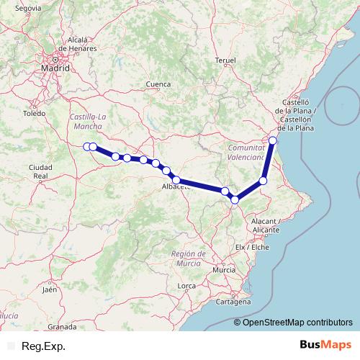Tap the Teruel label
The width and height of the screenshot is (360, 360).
point(225,60)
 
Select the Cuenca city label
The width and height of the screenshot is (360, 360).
point(158,84)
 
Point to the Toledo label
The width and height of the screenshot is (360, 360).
point(34,114)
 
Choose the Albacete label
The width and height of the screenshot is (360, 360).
point(176,186)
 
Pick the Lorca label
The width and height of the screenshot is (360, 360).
point(186,286)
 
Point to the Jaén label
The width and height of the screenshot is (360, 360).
point(49,289)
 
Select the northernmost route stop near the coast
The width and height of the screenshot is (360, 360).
point(273,140)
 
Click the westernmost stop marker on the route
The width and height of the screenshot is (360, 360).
point(87,147)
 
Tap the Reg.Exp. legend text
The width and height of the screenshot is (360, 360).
point(44,346)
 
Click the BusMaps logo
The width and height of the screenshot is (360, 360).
point(325,346)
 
